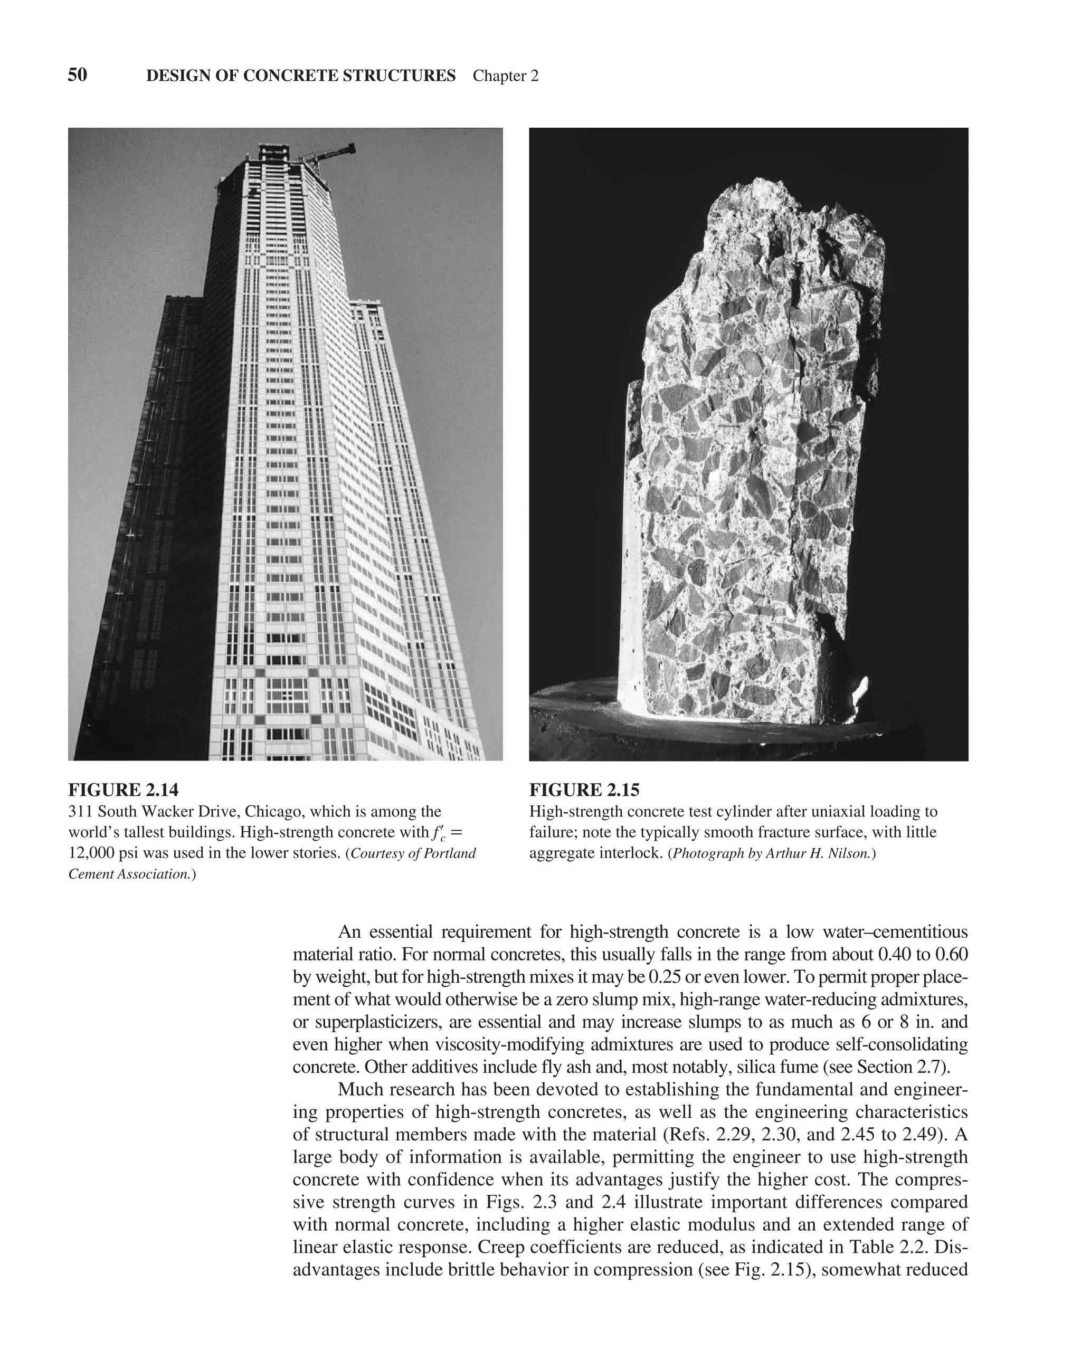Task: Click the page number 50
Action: [x=77, y=75]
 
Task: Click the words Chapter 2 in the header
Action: [x=505, y=77]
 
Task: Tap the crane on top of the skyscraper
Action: [x=332, y=154]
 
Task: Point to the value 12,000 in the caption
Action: [x=91, y=853]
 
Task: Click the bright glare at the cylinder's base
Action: [x=860, y=692]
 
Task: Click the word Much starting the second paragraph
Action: [x=359, y=1090]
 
